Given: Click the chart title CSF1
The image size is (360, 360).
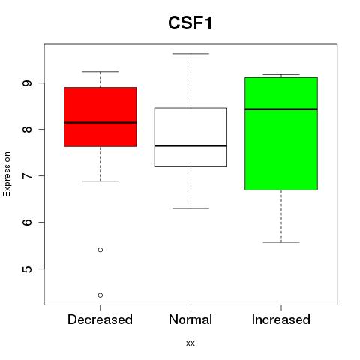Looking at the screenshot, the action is (190, 23).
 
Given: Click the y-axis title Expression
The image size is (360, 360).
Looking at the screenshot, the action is (7, 174).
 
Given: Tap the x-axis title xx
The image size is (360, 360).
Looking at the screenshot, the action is (190, 343).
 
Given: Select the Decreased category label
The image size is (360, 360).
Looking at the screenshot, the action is (100, 319).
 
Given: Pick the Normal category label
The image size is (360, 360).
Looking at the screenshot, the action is (190, 319).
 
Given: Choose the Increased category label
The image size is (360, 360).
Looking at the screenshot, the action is (281, 319).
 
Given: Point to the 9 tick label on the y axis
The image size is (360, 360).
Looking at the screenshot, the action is (27, 83).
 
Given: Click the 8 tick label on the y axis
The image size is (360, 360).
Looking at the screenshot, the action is (27, 129).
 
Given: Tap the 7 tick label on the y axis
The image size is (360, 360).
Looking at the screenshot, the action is (27, 175).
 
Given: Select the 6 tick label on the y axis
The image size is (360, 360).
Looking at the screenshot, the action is (27, 222).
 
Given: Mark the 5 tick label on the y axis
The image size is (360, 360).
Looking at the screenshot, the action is (27, 268).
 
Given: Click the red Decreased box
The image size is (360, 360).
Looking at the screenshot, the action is (100, 117).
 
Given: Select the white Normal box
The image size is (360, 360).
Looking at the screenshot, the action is (190, 137).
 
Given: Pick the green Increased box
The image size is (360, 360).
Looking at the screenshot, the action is (281, 133).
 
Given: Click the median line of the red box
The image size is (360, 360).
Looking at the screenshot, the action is (100, 123).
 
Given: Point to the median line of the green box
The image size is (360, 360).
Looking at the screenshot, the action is (281, 109).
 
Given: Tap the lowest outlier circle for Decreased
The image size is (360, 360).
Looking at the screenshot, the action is (100, 295).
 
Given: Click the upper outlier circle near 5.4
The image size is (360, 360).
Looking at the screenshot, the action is (100, 250).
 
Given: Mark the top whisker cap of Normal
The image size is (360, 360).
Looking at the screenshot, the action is (190, 54).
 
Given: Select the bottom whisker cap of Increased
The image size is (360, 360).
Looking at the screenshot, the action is (281, 242).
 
